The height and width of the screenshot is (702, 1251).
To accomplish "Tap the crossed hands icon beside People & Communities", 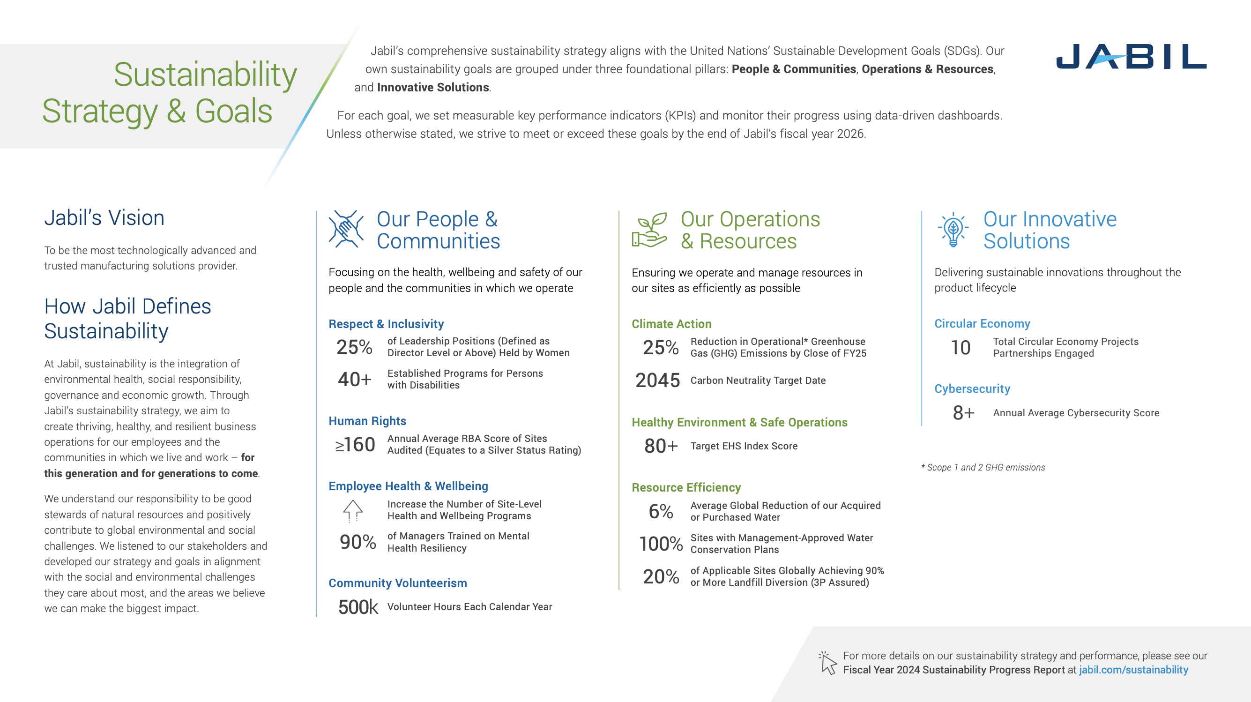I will click(x=346, y=229).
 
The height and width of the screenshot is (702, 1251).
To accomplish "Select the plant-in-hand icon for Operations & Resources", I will click(x=649, y=230).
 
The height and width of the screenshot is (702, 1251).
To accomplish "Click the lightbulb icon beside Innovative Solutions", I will click(x=953, y=230).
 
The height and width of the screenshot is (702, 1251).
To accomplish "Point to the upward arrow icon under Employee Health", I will click(x=353, y=510).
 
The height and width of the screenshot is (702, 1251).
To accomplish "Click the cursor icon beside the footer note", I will click(x=828, y=663).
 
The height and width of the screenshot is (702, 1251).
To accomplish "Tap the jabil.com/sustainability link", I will click(x=1133, y=670).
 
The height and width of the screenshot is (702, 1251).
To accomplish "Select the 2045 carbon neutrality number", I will click(x=657, y=381).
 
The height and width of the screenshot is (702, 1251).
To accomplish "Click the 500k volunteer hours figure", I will click(x=357, y=607).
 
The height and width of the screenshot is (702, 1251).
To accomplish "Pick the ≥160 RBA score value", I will click(x=355, y=445).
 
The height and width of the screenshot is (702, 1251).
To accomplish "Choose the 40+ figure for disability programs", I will click(x=355, y=380).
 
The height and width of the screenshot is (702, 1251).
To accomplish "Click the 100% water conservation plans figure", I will click(x=661, y=544).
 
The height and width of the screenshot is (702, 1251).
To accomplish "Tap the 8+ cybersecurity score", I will click(x=963, y=413).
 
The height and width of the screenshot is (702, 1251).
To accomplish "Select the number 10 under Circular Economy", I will click(x=960, y=348).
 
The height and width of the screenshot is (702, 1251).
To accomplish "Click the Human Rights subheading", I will click(x=367, y=421).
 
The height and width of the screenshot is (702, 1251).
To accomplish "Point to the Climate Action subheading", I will click(x=671, y=324).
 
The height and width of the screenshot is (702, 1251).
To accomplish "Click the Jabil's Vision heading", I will click(x=104, y=217).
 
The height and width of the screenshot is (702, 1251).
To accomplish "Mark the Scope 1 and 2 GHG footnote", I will click(x=983, y=467).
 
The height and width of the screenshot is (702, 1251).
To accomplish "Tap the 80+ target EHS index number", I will click(x=661, y=446).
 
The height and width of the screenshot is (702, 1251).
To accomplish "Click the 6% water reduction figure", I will click(x=661, y=512).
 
